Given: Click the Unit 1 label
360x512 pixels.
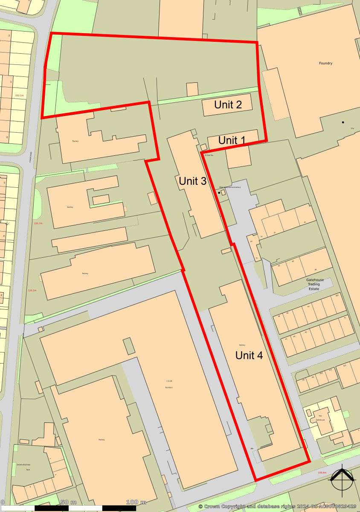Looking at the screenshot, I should point(232,140).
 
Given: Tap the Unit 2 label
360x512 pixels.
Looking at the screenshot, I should point(228,105).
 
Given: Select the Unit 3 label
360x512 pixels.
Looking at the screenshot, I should point(192,181).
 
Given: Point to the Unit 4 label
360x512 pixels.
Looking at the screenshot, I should point(249,355).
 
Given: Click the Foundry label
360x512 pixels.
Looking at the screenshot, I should point(325,64).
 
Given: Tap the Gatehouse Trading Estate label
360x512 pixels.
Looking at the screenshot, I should point(315,284).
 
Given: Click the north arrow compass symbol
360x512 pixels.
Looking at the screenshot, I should point(343,480).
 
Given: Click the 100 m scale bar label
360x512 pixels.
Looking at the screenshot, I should point(136,502).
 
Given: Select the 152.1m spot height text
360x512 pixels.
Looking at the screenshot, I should point(19,96).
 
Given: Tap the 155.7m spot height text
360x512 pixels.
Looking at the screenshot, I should point(38,224).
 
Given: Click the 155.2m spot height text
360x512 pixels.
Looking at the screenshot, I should point(32,291).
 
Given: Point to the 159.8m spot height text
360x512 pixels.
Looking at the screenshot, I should point(322,473).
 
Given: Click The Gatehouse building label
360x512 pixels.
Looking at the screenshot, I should point(320,418).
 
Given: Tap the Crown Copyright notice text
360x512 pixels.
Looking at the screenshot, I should point(277,506).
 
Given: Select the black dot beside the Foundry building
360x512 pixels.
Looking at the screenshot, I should point(343,122).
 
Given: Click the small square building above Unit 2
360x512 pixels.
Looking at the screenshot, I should point(192,89).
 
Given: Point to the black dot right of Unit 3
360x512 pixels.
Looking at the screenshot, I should point(219,193).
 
